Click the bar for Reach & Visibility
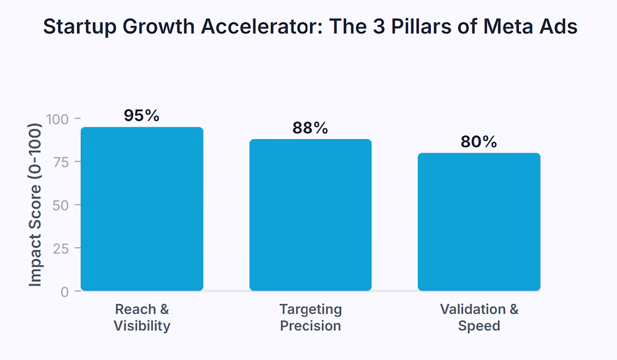coord(142,209)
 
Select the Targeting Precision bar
coord(311,215)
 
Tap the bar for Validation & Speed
coord(479,222)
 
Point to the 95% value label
coord(142,116)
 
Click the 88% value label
coord(310,128)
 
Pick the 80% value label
coord(479,142)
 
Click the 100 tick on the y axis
coord(57,119)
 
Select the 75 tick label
coord(61,162)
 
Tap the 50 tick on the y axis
coord(61,205)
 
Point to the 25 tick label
coord(61,248)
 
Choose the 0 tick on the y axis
coord(65,292)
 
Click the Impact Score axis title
coord(35,205)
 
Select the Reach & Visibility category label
coord(142,317)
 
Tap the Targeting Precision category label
coord(311,317)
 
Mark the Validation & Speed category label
coord(479,317)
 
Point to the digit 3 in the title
coord(379,26)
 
